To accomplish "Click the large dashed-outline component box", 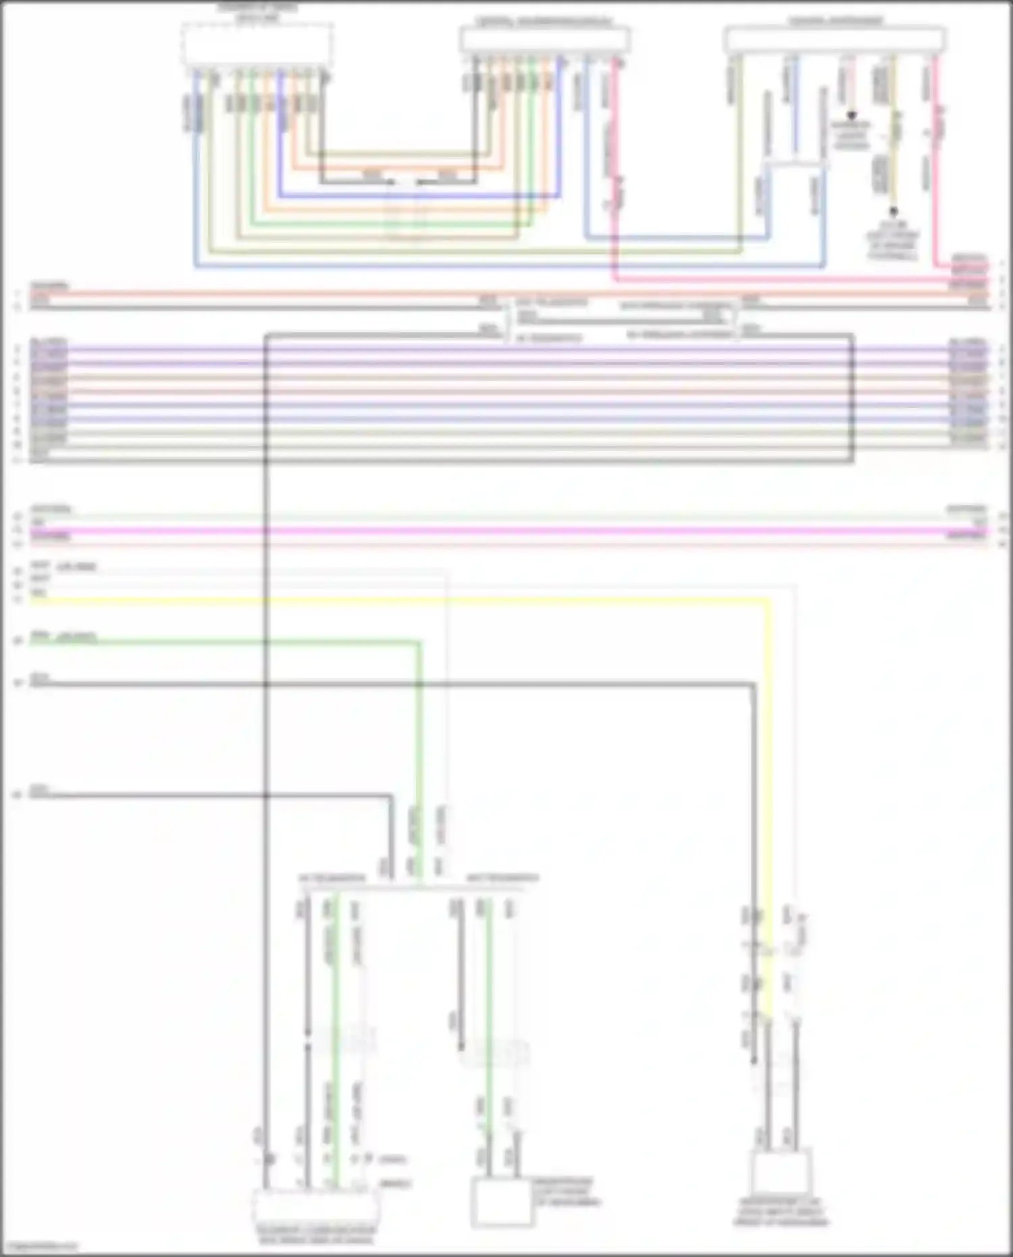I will pos(257,44).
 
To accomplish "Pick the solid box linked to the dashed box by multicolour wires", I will pos(544,39).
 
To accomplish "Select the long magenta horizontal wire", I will pos(506,532).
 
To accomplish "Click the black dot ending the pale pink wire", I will pos(852,116).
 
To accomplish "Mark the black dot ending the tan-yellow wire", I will pos(893,211).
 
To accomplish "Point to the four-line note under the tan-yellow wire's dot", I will pos(893,241).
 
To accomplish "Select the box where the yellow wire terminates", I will pos(780,1173).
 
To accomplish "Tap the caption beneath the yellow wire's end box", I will pos(781,1212).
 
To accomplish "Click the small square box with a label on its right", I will pos(500,1202).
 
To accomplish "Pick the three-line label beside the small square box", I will pos(566,1193).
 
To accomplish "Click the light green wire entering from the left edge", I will pos(223,642).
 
